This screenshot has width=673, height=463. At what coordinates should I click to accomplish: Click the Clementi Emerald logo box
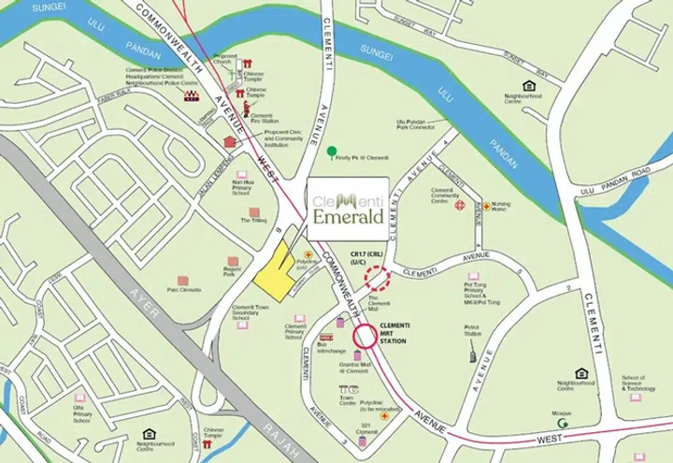pos(347,204)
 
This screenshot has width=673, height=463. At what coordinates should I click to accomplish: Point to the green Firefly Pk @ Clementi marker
pos(332,151)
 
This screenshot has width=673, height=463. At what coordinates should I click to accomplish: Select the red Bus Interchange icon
pos(326,338)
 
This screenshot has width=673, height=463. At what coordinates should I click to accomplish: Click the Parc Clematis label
pos(183,290)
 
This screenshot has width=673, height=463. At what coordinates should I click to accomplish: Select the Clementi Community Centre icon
pos(459,205)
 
